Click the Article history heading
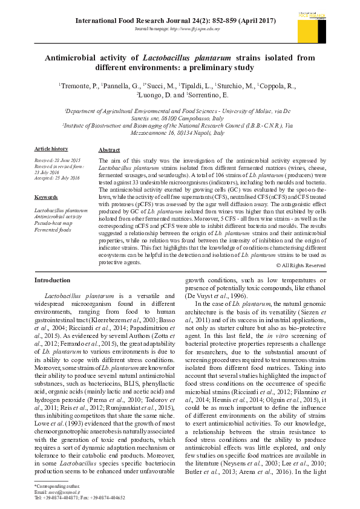tap(51, 149)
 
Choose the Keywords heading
tap(46, 198)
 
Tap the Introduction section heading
tap(52, 280)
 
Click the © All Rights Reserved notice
tap(301, 265)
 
